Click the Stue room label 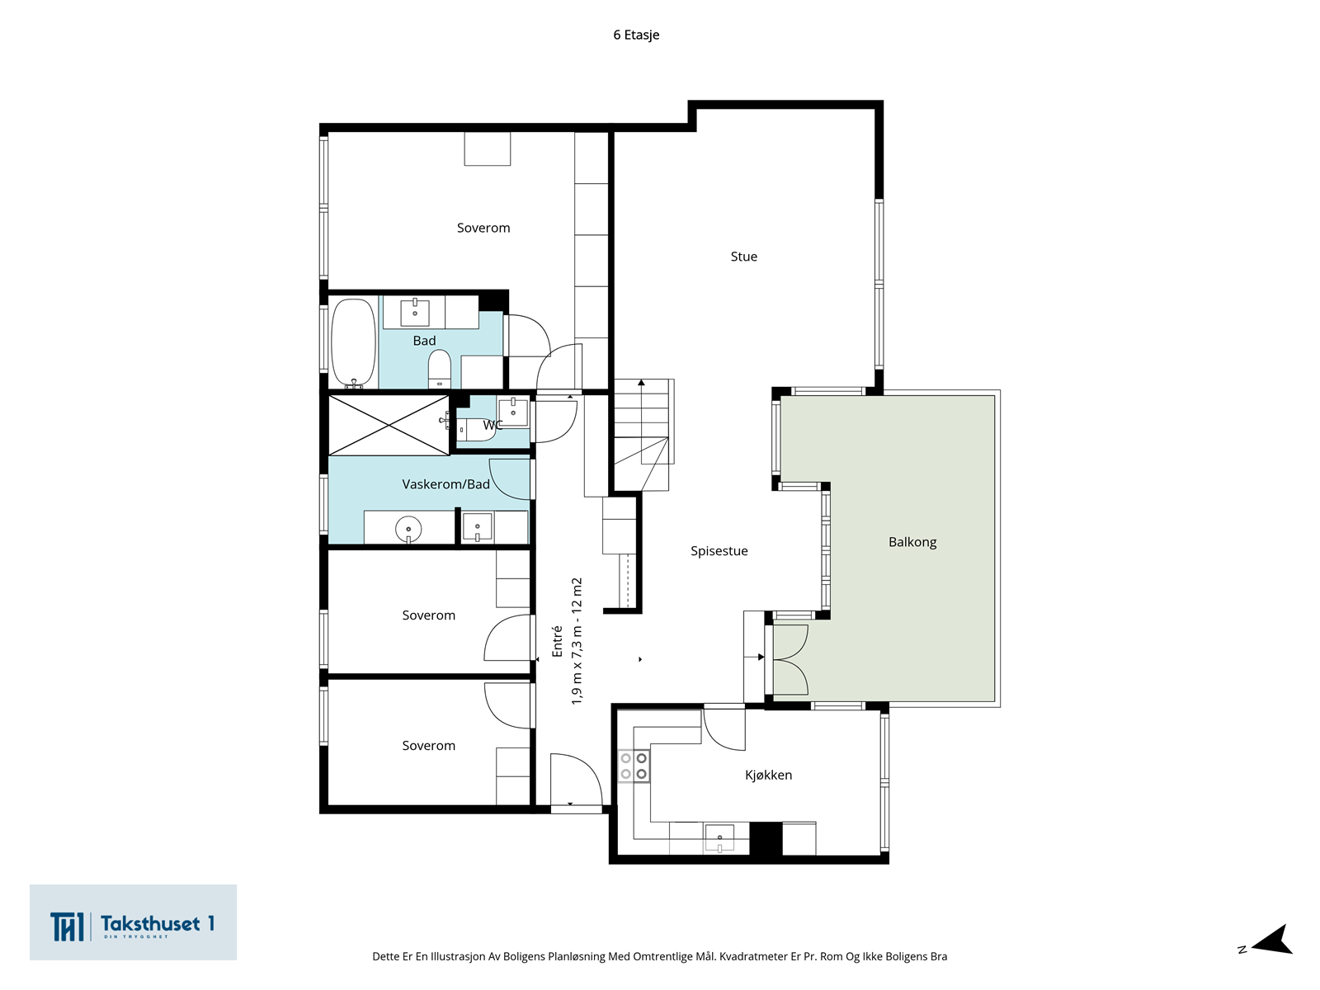(x=743, y=257)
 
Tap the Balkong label (x=912, y=542)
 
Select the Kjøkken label (x=768, y=775)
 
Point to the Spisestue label (x=719, y=551)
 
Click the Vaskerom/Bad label (x=445, y=484)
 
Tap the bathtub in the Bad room (x=354, y=342)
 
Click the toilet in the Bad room (x=440, y=369)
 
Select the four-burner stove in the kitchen (x=634, y=766)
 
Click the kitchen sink (x=719, y=838)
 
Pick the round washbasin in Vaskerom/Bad (x=408, y=530)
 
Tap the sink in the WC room (x=514, y=412)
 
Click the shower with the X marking (x=389, y=425)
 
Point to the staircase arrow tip (x=642, y=381)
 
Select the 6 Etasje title (x=636, y=35)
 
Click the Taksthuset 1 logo (x=133, y=922)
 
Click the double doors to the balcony (x=790, y=660)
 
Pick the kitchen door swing (x=724, y=730)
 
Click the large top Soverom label (x=483, y=229)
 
